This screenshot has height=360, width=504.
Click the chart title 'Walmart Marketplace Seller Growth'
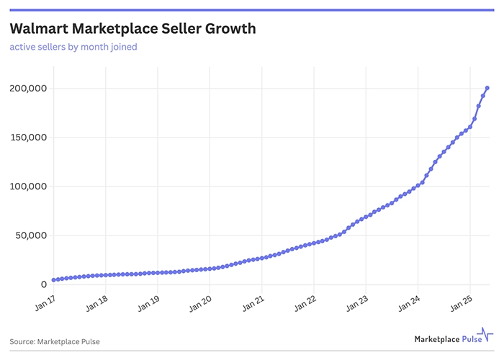tap(132, 29)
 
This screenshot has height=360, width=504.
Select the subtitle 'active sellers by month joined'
tap(73, 48)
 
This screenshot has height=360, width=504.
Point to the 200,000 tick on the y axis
tap(27, 89)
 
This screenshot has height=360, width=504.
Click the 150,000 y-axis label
tap(27, 138)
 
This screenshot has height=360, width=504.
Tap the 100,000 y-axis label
tap(27, 186)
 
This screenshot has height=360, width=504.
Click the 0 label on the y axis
tap(42, 284)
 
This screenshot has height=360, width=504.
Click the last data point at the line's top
tap(487, 88)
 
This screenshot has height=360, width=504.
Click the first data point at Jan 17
tap(53, 280)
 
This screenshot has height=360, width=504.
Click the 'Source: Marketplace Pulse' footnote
tap(55, 341)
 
